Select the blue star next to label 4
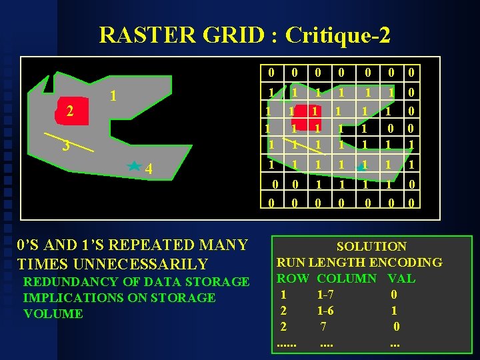click(x=134, y=166)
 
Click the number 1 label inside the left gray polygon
click(x=114, y=97)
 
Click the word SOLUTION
click(x=371, y=247)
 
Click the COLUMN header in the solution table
click(x=347, y=278)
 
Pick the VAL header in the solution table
click(x=401, y=278)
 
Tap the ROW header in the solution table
click(x=293, y=278)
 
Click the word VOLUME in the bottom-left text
click(x=53, y=313)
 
